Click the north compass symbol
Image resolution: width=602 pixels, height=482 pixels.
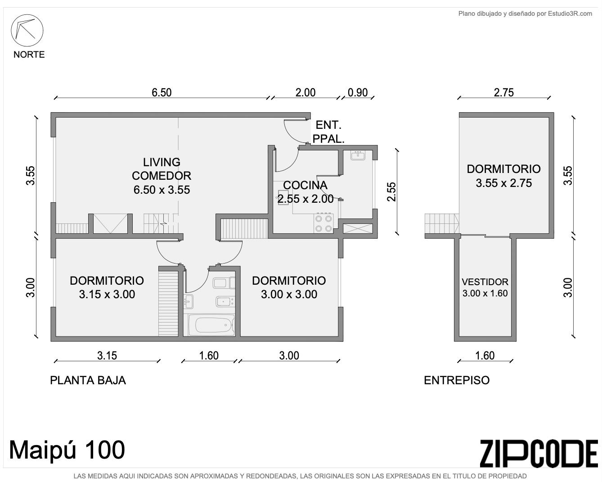[x=27, y=30]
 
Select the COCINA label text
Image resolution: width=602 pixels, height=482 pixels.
[x=305, y=185]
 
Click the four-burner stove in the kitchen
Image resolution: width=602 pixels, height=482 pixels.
[x=323, y=223]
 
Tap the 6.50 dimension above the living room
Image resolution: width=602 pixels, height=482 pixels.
[x=162, y=92]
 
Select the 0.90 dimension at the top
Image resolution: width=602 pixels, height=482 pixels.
[x=358, y=92]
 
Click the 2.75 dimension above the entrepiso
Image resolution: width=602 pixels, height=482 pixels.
[x=503, y=92]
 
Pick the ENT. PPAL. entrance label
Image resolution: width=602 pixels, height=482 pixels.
[x=328, y=132]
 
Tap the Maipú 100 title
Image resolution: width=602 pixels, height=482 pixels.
[x=67, y=450]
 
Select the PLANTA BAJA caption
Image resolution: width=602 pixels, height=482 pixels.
[x=88, y=380]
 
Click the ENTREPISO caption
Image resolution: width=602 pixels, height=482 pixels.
[x=457, y=380]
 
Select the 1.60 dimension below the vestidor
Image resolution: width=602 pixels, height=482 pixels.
[x=485, y=356]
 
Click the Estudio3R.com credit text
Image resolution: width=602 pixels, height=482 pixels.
[x=525, y=14]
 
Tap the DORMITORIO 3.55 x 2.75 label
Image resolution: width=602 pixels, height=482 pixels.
[x=503, y=176]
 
